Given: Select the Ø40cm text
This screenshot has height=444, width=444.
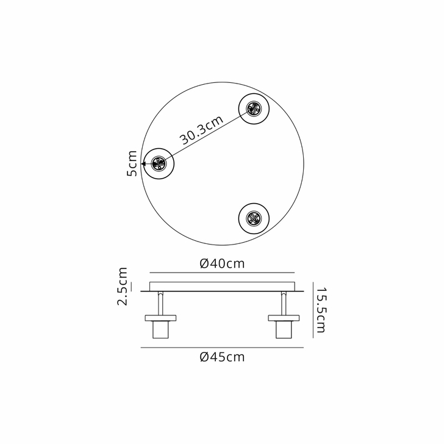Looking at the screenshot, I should [222, 263].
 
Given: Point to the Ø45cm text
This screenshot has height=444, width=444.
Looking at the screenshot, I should [222, 357].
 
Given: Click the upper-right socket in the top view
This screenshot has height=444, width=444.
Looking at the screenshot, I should [253, 110].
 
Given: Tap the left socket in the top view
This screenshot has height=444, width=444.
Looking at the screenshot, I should [159, 163].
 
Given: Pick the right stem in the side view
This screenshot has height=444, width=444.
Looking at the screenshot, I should [284, 303].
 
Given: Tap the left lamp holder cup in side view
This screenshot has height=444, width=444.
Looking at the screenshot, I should [160, 330].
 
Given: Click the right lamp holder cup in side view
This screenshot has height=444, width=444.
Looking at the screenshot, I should [284, 330].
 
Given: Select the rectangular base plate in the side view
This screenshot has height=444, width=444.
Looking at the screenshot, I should [222, 287].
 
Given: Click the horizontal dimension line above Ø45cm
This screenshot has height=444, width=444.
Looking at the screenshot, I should [222, 348].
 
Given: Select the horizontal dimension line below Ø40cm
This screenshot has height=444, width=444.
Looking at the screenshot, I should [222, 272].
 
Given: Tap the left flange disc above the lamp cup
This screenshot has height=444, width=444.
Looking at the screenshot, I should [160, 318].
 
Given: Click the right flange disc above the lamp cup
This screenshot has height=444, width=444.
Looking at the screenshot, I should [284, 318].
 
